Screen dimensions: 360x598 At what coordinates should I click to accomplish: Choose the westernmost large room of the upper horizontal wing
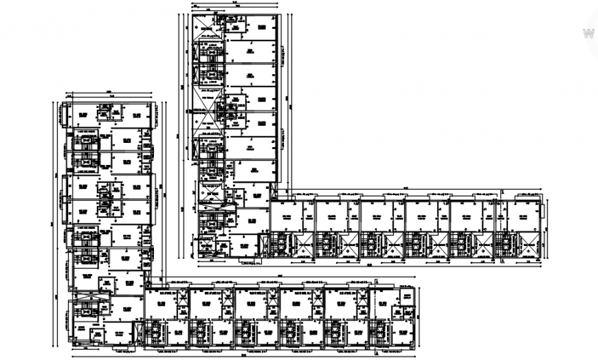point(287,217)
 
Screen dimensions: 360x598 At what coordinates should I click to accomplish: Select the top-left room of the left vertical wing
point(82,115)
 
